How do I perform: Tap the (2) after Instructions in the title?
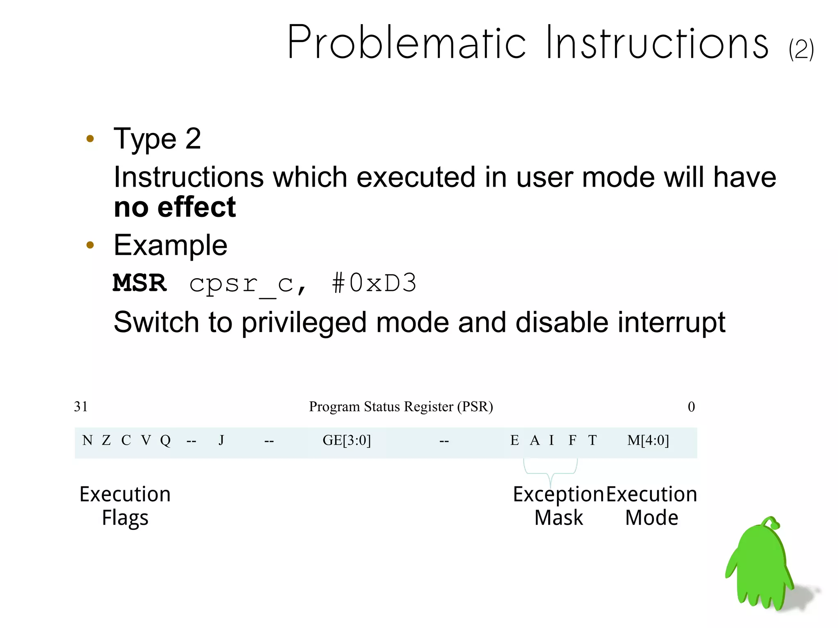click(x=801, y=50)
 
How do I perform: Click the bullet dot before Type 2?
click(x=90, y=139)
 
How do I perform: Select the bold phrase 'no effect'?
click(x=175, y=207)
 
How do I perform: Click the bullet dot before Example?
click(x=90, y=245)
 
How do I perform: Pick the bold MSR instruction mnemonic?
click(x=140, y=283)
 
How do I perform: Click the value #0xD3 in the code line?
click(x=374, y=283)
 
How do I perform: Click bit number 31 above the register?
click(x=81, y=407)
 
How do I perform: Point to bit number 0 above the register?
click(x=691, y=407)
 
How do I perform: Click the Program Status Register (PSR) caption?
click(x=401, y=407)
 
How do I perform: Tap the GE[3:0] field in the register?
click(x=347, y=441)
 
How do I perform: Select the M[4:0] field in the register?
click(x=648, y=441)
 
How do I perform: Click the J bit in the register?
click(x=221, y=441)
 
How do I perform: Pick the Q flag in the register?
click(x=165, y=441)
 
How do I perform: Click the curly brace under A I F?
click(x=550, y=470)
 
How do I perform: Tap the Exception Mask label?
click(x=559, y=506)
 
